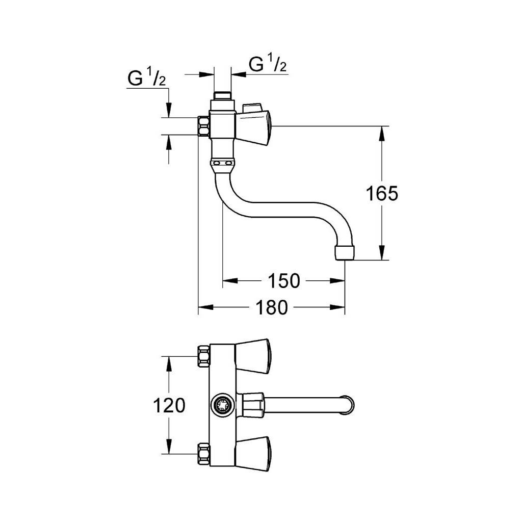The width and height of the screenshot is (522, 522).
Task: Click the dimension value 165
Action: [x=382, y=193]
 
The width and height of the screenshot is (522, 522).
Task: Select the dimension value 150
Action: [x=284, y=281]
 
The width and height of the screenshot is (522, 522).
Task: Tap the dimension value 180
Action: [x=272, y=307]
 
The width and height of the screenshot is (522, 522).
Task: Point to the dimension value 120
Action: [x=169, y=405]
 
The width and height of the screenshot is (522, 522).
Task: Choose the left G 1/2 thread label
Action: [x=146, y=77]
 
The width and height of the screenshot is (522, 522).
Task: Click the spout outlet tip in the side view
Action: [x=345, y=253]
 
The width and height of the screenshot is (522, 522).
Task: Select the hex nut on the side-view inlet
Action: [x=203, y=126]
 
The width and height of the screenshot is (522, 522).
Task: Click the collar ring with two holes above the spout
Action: [x=223, y=164]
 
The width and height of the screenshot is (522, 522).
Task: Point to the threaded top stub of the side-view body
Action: [x=222, y=96]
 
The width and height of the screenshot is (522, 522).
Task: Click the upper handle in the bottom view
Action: [x=253, y=356]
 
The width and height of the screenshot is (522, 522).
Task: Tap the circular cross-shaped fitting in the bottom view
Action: [x=222, y=405]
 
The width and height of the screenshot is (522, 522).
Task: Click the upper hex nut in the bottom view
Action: [x=203, y=356]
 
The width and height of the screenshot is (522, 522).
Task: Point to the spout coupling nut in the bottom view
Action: [x=253, y=405]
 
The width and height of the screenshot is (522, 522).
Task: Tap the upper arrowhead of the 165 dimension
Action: [x=382, y=133]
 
